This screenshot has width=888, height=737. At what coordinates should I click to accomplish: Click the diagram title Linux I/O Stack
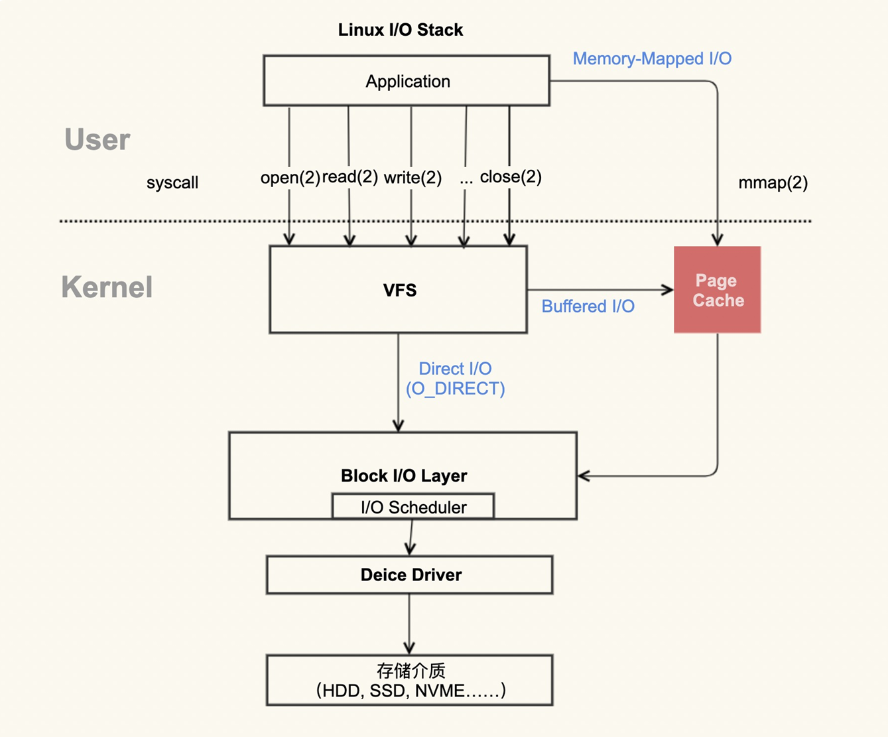point(400,30)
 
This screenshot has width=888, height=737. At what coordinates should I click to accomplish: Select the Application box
point(407,81)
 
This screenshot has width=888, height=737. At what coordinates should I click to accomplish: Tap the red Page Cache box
point(717,290)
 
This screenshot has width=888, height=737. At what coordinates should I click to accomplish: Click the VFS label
point(399,291)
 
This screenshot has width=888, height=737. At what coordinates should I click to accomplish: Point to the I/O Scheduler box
point(413,507)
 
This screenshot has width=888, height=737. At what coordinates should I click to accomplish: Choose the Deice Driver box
point(410,574)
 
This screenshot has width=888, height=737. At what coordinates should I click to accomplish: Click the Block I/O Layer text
point(403,476)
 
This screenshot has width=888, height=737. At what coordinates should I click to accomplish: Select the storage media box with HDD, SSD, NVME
point(410,681)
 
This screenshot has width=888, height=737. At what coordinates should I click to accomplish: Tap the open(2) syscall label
point(290,178)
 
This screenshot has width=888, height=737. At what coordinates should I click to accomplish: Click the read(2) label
point(349,176)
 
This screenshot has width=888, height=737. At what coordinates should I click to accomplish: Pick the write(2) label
point(412,178)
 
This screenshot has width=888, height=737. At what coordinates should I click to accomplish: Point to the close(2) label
point(511,176)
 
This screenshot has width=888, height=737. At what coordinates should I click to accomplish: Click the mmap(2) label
point(773,183)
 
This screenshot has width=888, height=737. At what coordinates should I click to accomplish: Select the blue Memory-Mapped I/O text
point(652,59)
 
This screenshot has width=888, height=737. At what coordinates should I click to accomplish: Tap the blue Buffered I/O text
point(588,306)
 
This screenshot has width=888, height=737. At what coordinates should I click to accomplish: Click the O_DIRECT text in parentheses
point(455,389)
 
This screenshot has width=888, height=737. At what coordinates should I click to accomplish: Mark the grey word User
point(97,140)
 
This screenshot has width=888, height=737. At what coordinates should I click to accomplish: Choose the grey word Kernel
point(107,287)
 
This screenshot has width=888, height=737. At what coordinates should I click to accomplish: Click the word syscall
point(172,183)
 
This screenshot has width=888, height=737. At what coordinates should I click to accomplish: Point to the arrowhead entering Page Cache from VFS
point(668,289)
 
